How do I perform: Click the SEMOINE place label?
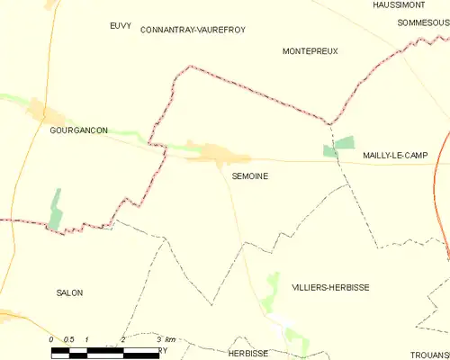249,176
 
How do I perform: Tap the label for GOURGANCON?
78,130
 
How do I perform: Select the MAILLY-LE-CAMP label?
395,156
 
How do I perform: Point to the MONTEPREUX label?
310,51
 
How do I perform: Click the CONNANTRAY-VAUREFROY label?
193,30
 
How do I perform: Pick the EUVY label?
120,25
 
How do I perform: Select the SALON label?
69,293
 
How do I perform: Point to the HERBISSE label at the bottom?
247,354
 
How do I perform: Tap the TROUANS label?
429,354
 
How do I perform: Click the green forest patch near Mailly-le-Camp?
339,146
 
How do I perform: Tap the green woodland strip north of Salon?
56,209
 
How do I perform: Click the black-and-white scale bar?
103,350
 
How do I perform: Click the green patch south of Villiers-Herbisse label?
297,340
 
